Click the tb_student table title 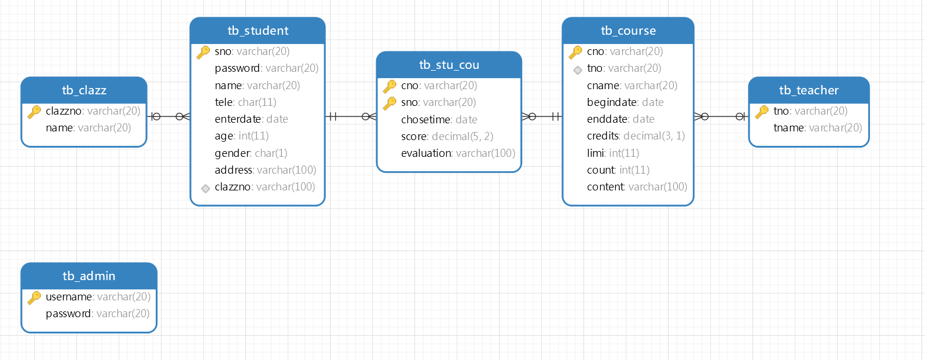[x=258, y=31]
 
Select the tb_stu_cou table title [x=449, y=65]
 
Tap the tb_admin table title [x=89, y=275]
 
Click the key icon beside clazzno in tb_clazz [x=34, y=112]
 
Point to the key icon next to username [x=34, y=297]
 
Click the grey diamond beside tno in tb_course [x=578, y=70]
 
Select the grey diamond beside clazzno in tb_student [x=205, y=189]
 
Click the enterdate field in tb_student [x=251, y=119]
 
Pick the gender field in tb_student [x=251, y=153]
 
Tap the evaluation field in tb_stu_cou [x=458, y=153]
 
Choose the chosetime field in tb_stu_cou [x=439, y=120]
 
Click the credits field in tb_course [x=636, y=136]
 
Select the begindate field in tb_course [x=625, y=102]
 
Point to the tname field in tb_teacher [x=818, y=128]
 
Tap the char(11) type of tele [x=257, y=102]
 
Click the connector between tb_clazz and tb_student [x=168, y=116]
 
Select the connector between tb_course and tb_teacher [x=721, y=116]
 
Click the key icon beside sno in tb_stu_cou [x=390, y=103]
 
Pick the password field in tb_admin [x=97, y=314]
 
